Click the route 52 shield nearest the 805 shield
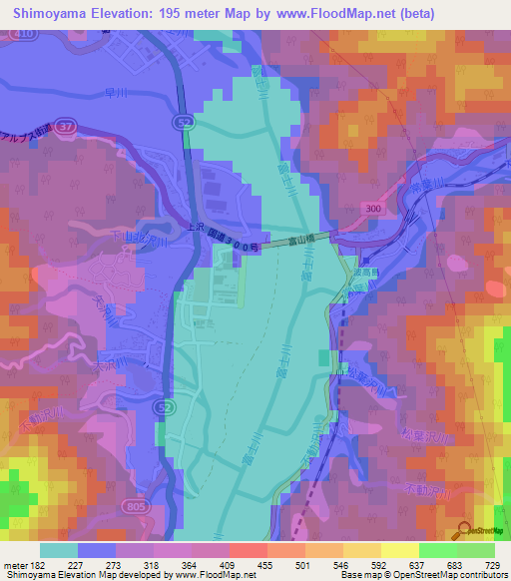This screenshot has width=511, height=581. (x=161, y=408)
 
